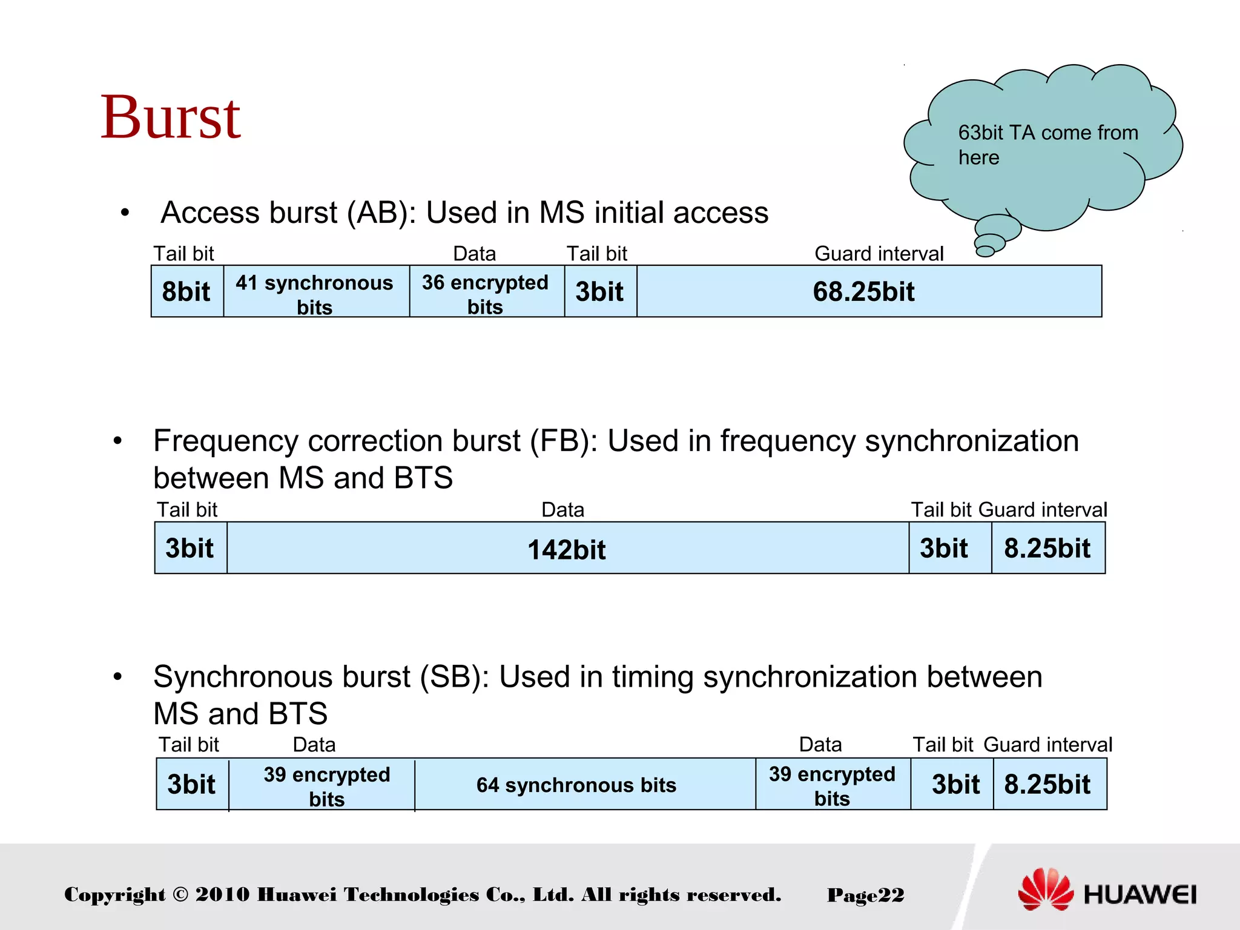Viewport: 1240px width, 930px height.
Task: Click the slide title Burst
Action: point(171,117)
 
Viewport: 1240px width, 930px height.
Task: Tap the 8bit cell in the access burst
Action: point(186,291)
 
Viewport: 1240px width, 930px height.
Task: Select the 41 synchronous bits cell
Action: point(315,293)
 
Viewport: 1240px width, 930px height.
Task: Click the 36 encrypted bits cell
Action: point(486,293)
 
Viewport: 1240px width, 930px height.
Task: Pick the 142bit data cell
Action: point(567,549)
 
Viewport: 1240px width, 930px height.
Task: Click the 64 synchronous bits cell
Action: point(576,785)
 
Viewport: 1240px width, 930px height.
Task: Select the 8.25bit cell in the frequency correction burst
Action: point(1047,548)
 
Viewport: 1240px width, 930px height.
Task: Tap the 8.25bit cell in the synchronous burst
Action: point(1047,784)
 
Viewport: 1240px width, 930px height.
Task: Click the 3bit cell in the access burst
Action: point(599,291)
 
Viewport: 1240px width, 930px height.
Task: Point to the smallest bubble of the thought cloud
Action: point(985,251)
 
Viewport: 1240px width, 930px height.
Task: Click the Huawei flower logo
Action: point(1045,889)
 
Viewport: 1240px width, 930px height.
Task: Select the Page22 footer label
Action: point(865,895)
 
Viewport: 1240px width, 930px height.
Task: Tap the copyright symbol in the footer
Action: point(180,894)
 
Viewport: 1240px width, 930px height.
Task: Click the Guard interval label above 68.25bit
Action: point(879,254)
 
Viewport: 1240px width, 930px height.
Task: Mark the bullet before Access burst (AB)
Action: point(125,213)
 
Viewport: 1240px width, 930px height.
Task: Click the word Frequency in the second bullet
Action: point(225,441)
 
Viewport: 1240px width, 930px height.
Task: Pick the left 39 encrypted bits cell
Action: point(327,785)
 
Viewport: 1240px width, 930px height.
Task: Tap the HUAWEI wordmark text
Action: point(1139,894)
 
